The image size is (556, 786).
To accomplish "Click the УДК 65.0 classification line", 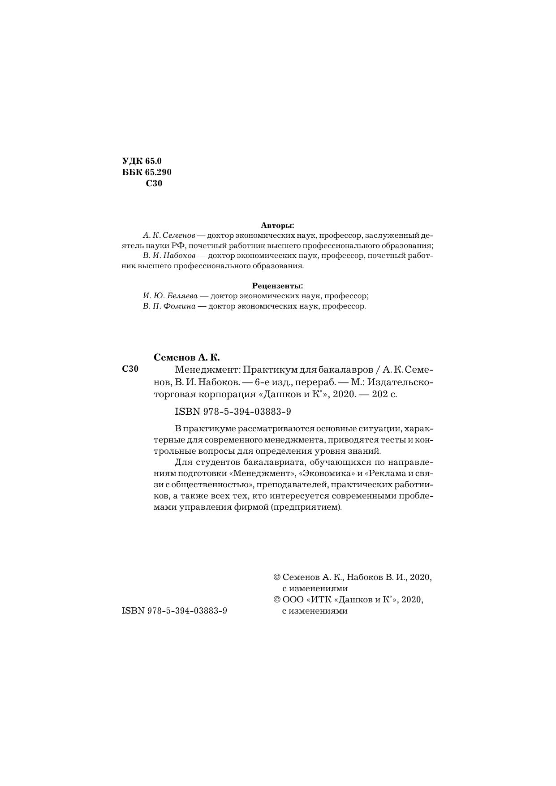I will [x=142, y=161].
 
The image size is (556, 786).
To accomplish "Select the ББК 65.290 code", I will [x=147, y=172].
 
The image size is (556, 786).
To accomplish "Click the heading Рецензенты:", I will [x=277, y=285].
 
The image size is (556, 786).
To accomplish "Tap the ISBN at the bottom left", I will [x=174, y=610].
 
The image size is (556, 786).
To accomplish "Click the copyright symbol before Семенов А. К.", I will [x=277, y=578].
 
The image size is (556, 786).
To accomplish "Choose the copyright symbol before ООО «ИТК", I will [x=277, y=600].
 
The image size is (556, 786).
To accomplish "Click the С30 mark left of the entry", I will [x=130, y=369].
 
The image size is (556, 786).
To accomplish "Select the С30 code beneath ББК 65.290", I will [x=154, y=184].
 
